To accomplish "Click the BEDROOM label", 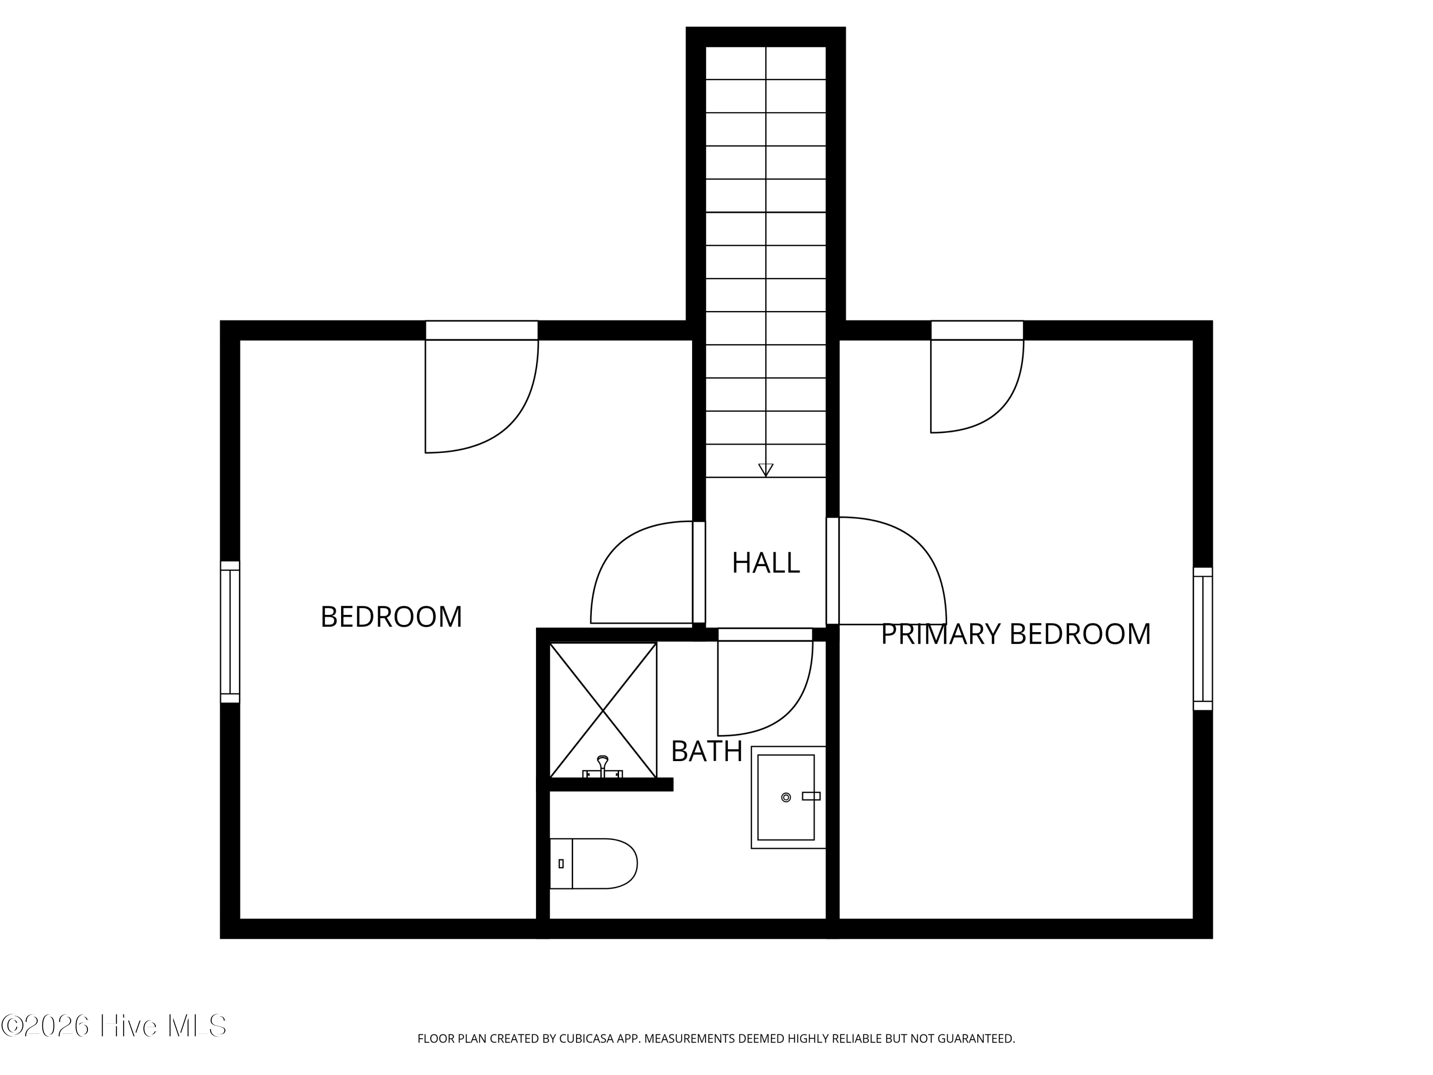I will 391,617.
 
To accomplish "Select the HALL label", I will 765,563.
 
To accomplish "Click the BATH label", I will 706,752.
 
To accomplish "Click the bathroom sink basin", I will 785,797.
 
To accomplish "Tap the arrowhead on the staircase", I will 766,470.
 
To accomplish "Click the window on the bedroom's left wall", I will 230,632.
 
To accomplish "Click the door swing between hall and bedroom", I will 638,573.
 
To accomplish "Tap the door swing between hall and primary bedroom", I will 891,570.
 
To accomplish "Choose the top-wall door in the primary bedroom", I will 976,382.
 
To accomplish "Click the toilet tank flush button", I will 561,864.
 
